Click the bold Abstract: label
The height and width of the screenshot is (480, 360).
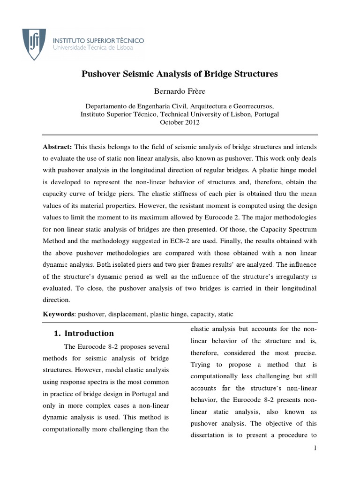pyautogui.click(x=57, y=146)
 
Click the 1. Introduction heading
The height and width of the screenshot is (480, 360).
pyautogui.click(x=83, y=334)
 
